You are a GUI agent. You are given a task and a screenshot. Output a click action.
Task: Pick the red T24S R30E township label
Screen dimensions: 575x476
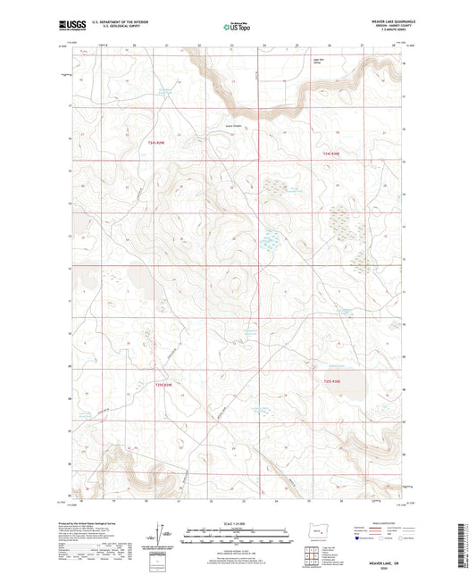pyautogui.click(x=331, y=153)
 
